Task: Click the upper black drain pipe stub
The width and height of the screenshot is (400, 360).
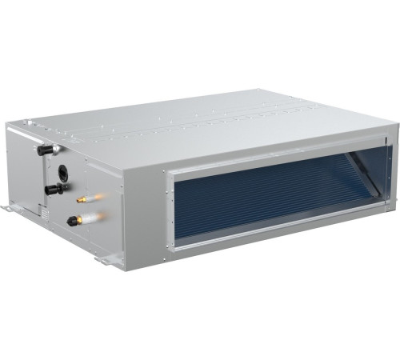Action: [x=41, y=148]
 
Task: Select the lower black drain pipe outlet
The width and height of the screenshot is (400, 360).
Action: [x=52, y=190]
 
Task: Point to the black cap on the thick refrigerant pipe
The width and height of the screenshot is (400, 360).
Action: [x=71, y=220]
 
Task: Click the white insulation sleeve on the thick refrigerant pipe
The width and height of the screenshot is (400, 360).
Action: [x=90, y=214]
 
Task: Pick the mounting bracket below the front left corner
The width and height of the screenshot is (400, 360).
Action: [x=103, y=259]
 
